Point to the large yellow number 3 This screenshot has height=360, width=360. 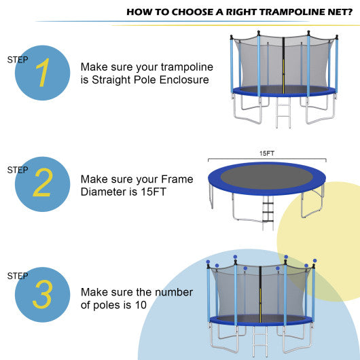42,295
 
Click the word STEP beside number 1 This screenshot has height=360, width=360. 18,60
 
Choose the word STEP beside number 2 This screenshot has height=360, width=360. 18,170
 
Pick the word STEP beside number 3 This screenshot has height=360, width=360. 18,276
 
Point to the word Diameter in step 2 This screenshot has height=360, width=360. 102,192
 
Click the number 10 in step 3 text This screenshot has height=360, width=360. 140,305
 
